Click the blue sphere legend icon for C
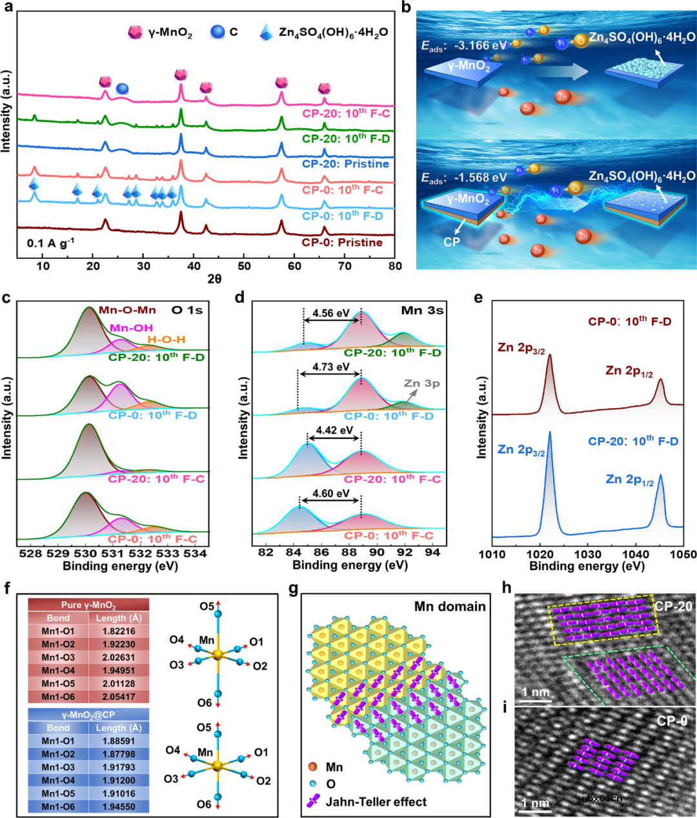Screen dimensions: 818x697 (217, 32)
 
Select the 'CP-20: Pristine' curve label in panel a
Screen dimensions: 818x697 (345, 164)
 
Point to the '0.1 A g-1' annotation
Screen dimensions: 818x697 (50, 243)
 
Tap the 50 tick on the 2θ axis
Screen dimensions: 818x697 (244, 266)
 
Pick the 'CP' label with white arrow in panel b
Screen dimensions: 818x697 (452, 242)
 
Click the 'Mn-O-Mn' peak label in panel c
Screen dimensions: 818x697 (127, 311)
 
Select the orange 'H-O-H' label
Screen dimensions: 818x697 (167, 340)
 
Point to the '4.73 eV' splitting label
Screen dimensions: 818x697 (330, 367)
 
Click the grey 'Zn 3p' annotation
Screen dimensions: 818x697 (421, 383)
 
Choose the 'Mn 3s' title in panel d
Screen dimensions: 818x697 (422, 311)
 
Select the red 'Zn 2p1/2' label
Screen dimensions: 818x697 (629, 371)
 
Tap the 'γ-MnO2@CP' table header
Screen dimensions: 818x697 (88, 715)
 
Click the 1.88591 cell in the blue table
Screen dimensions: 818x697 (119, 741)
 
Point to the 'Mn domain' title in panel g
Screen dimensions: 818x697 (450, 606)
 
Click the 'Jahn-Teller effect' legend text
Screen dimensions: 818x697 (376, 802)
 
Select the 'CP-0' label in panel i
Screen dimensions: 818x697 (672, 721)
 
